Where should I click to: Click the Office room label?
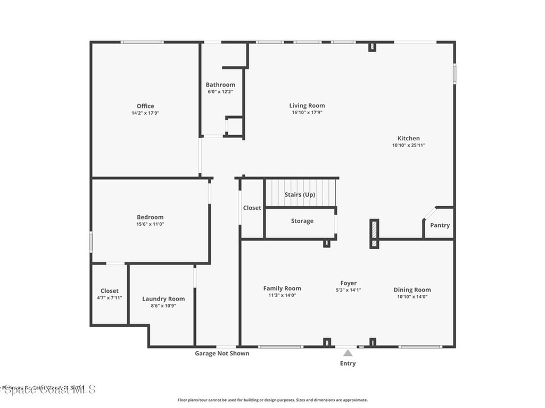coord(145,106)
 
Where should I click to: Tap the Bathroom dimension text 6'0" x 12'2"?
coord(220,92)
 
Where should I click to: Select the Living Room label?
coord(307,105)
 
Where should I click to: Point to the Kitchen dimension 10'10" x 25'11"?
coord(409,145)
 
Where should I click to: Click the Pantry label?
coord(440,225)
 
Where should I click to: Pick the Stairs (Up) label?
coord(300,195)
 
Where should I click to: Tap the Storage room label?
coord(302,221)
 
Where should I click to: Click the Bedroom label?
coord(150,217)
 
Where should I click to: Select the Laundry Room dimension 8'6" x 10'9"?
coord(163,306)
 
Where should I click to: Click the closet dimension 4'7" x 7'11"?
coord(110,297)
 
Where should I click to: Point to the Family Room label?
coord(282,288)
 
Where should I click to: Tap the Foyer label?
coord(349,283)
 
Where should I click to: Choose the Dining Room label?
coord(412,290)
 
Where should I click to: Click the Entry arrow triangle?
coord(348,353)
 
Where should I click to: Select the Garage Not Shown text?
coord(222,353)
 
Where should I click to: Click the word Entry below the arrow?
coord(348,363)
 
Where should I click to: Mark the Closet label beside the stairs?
coord(252,208)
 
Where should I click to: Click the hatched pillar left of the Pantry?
coord(374,234)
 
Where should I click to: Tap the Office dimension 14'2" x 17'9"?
coord(145,113)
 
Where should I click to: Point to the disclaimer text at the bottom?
coord(272,400)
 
